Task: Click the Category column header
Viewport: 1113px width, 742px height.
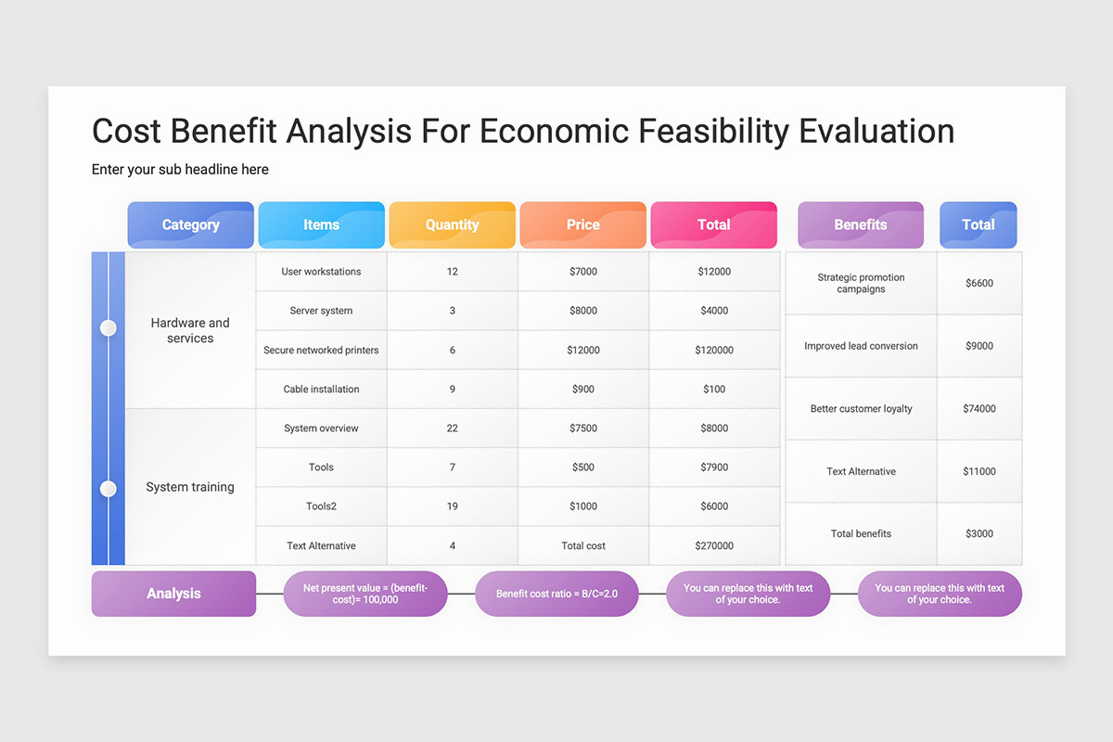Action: pos(190,224)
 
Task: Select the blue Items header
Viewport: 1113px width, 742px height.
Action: pos(321,224)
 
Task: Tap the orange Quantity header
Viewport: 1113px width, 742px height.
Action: pos(452,224)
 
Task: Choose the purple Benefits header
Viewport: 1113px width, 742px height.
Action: pos(860,224)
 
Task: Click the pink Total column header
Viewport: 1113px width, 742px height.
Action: pos(713,224)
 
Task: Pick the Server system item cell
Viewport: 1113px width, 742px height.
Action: pos(321,311)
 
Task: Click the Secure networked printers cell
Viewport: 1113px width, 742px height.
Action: pos(321,350)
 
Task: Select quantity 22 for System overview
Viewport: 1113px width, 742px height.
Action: pos(452,429)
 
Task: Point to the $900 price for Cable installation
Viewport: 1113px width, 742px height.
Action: pos(583,390)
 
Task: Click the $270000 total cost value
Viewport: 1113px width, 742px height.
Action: pos(714,546)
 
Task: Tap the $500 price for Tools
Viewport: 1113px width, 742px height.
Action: pos(583,467)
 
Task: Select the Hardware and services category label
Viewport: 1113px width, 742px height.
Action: pos(190,330)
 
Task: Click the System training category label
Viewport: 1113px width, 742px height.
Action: pos(190,487)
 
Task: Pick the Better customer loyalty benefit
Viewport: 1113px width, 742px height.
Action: pos(861,409)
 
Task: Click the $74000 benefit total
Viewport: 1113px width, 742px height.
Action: pos(979,409)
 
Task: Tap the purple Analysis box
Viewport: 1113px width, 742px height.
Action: pos(173,594)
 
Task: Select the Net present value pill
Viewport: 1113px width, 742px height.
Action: pos(365,594)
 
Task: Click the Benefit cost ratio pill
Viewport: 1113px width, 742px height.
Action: pos(556,594)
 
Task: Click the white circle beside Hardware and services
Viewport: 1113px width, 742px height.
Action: pos(109,328)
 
